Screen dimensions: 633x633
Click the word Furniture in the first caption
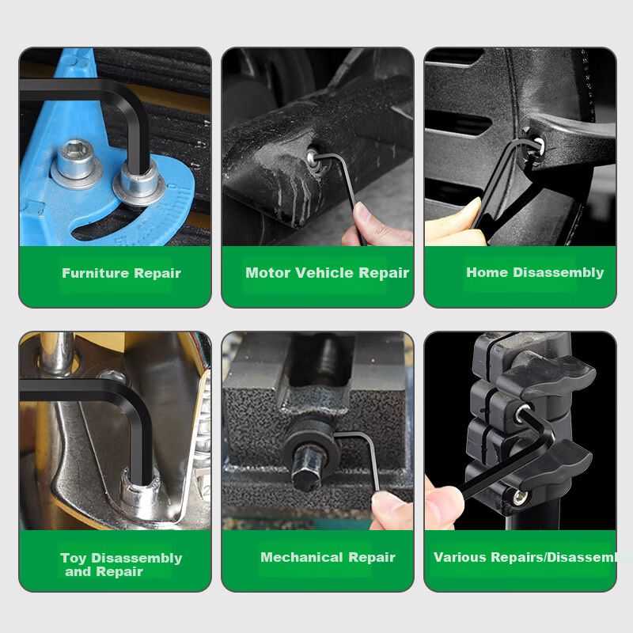click(x=96, y=273)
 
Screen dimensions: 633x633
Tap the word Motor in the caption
click(x=267, y=272)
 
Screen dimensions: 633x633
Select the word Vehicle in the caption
click(x=324, y=272)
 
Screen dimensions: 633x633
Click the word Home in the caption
click(x=487, y=272)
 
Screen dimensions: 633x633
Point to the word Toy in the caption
click(x=74, y=558)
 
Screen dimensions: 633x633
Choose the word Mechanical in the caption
click(x=302, y=557)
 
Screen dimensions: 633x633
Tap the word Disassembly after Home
click(x=559, y=272)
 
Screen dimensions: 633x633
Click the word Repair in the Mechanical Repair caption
click(x=372, y=557)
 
